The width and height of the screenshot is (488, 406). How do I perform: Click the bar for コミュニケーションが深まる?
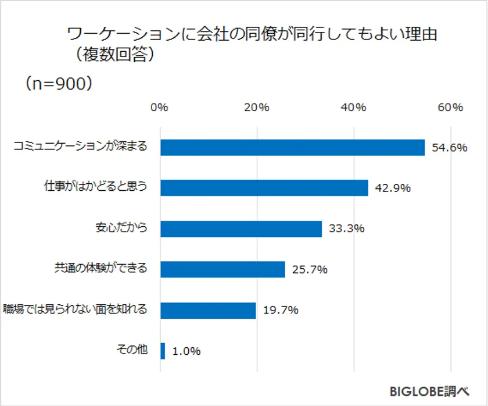[x=292, y=148]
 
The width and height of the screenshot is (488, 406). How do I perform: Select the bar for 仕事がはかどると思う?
[x=264, y=188]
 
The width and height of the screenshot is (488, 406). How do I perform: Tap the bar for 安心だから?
[x=241, y=229]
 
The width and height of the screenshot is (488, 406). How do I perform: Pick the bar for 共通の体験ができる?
[x=222, y=269]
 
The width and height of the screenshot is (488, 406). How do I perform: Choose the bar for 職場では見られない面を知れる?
[x=207, y=310]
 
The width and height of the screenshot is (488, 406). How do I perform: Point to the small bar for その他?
[x=163, y=351]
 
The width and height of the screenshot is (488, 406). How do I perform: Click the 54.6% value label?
[x=450, y=148]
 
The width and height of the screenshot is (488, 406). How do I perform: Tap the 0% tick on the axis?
[x=159, y=108]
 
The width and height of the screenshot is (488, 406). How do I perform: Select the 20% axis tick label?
[x=256, y=108]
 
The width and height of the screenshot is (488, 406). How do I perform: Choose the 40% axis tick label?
[x=353, y=108]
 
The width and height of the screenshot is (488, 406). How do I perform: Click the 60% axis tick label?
[x=450, y=108]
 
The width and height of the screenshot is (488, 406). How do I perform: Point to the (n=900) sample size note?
[x=58, y=83]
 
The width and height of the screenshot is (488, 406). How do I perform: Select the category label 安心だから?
[x=121, y=228]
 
